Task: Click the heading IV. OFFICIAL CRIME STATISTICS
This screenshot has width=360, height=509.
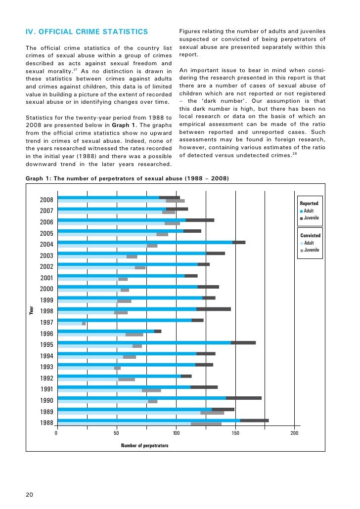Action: (87, 32)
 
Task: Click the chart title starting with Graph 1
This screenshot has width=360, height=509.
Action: (127, 178)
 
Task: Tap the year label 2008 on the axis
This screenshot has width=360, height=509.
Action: (46, 200)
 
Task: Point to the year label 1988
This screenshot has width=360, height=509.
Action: (46, 423)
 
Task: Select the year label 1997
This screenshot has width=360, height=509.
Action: (46, 323)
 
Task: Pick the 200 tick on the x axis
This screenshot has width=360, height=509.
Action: (294, 433)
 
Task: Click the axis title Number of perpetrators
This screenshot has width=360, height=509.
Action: (144, 446)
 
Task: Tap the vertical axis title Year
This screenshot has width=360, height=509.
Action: (31, 311)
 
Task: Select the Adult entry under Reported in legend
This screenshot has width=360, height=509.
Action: (309, 211)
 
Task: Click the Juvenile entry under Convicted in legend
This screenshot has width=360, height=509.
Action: (311, 250)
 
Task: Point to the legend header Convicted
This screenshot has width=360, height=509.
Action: (310, 235)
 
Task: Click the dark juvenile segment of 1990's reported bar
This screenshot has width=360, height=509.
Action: (243, 398)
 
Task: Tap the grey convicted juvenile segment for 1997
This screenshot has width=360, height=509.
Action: (84, 324)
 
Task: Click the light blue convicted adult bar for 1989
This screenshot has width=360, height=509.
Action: (129, 413)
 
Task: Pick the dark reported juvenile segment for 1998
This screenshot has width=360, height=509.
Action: (213, 309)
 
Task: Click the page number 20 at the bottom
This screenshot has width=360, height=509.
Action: (29, 495)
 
